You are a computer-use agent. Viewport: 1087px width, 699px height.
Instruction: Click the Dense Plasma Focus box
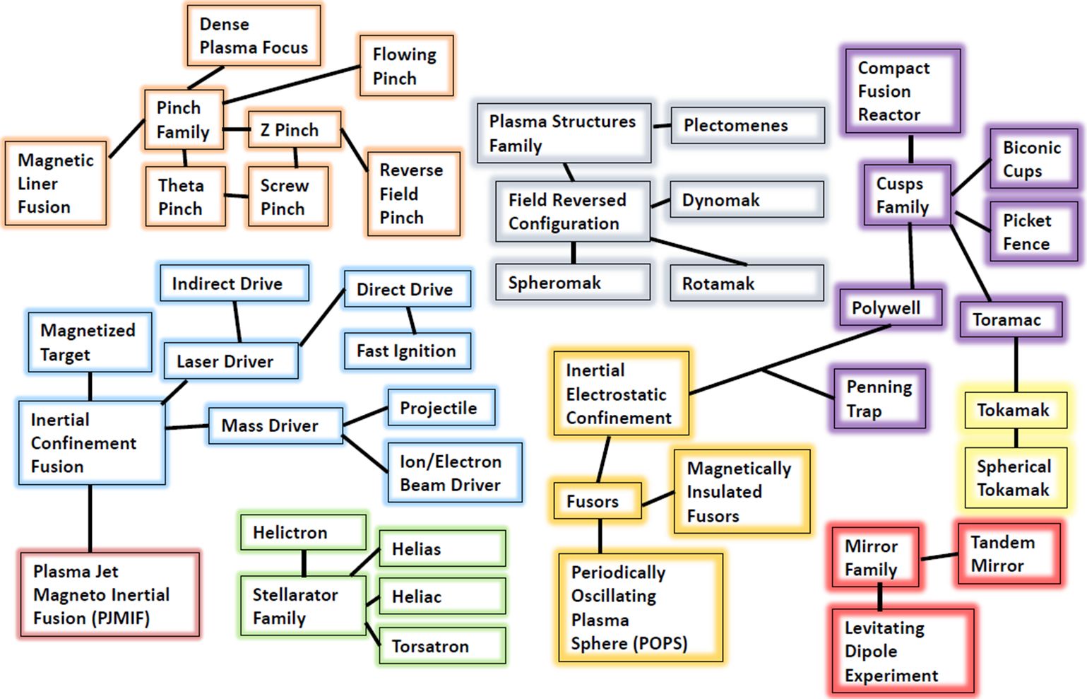coord(254,35)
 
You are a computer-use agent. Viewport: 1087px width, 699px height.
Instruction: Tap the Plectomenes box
coord(747,125)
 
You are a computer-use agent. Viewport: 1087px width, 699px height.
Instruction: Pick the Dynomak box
coord(747,200)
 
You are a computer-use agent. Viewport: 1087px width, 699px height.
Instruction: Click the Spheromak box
coord(573,283)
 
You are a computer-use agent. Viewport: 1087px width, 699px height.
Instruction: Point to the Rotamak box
coord(747,283)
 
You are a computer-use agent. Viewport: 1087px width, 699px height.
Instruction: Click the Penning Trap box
coord(879,399)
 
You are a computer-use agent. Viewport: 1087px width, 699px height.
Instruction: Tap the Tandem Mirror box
coord(1009,554)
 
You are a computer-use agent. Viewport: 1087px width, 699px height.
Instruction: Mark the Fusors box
coord(598,501)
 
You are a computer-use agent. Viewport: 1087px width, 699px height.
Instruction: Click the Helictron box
coord(303,532)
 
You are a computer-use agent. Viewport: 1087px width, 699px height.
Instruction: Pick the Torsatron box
coord(442,646)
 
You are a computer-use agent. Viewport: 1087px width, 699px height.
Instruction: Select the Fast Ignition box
coord(407,351)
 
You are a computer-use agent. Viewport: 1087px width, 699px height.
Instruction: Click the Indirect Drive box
coord(234,283)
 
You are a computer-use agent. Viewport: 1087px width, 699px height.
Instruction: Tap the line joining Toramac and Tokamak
coord(1016,365)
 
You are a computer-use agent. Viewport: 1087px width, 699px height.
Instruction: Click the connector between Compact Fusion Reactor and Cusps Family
coord(910,149)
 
